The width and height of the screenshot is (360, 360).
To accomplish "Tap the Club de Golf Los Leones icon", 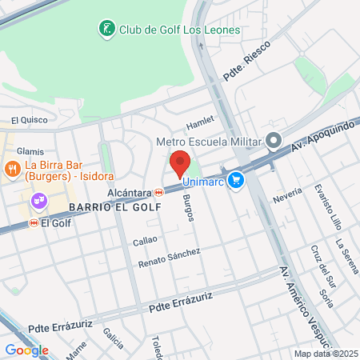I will click(106, 30).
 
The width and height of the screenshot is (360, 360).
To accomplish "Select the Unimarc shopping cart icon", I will click(235, 181).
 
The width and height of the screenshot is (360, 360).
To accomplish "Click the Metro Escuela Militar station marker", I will click(274, 142).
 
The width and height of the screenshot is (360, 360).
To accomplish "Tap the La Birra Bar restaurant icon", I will click(12, 169).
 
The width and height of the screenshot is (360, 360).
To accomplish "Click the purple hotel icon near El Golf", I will click(38, 201).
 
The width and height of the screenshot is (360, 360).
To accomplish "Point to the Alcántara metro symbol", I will click(159, 192).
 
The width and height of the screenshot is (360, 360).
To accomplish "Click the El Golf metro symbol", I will click(34, 223).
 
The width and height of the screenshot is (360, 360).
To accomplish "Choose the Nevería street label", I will click(287, 194).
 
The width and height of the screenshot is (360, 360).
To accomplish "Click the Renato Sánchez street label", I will click(169, 258).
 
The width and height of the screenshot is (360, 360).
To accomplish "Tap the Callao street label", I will click(144, 238).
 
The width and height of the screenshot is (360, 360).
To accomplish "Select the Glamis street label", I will click(30, 151).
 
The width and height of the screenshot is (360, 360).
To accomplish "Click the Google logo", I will click(26, 350).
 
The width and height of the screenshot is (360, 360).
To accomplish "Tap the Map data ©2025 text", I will click(325, 354).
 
